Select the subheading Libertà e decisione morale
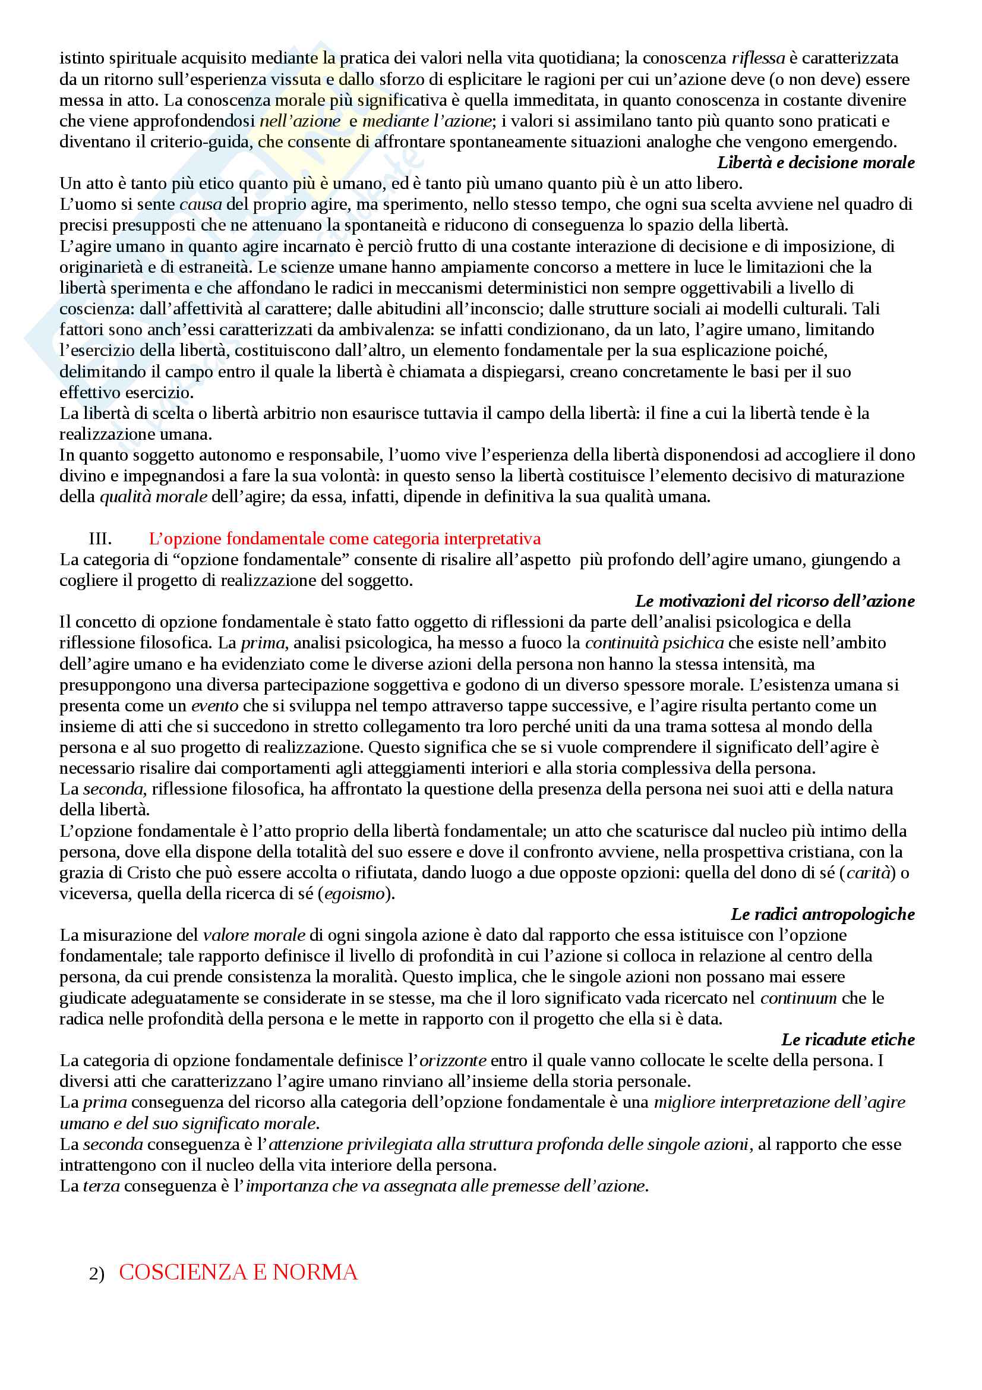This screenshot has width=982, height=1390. tap(815, 162)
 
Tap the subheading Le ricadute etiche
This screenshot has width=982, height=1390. tap(848, 1039)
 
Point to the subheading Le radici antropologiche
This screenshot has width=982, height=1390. tap(822, 914)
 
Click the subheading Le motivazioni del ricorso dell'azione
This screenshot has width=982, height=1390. tap(775, 601)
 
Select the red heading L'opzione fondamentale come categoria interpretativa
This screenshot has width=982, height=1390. tap(345, 538)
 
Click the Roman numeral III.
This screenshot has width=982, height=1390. tap(100, 538)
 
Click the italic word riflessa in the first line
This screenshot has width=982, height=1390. tap(757, 58)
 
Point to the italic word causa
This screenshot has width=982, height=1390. tap(200, 204)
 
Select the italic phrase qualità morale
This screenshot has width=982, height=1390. tap(153, 496)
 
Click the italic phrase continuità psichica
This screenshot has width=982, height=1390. tap(654, 642)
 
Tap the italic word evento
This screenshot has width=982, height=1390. tap(215, 705)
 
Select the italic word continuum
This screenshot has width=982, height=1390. tap(798, 998)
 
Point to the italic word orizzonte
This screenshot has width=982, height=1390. tap(453, 1060)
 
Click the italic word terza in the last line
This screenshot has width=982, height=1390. tap(101, 1186)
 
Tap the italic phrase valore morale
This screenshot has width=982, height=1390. tap(254, 935)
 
